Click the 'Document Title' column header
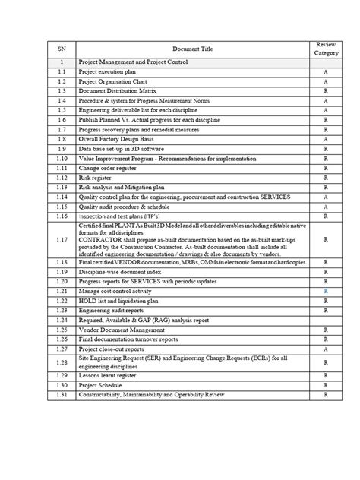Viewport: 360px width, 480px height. pos(192,49)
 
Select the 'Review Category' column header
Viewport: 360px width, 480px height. pos(326,49)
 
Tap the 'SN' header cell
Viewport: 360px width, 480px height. pos(62,49)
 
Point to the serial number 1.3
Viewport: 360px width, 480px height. pos(62,90)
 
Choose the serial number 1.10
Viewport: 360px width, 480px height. pos(62,159)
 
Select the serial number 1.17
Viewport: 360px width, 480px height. pos(62,240)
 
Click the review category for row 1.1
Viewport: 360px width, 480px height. pos(326,71)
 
